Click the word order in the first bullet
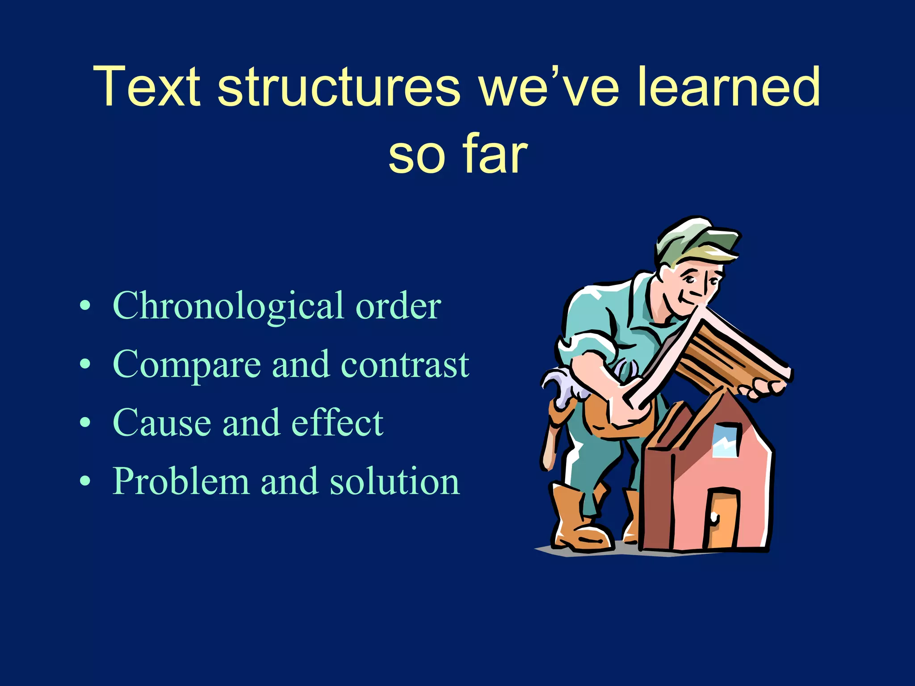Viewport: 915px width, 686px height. (398, 306)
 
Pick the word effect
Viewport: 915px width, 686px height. (337, 422)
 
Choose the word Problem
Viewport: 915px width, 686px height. (180, 481)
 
